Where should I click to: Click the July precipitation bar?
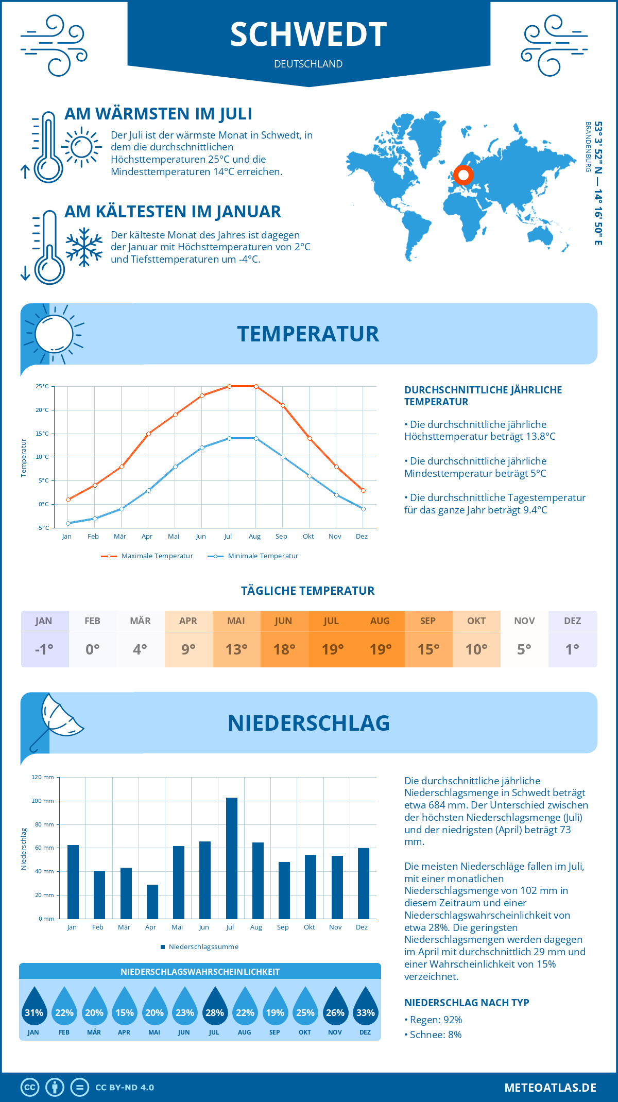click(232, 858)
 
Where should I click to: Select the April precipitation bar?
click(152, 901)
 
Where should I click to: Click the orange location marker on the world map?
click(463, 175)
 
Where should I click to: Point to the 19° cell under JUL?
click(332, 649)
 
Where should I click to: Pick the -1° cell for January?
click(44, 649)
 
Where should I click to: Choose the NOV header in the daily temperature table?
click(524, 621)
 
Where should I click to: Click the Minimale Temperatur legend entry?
click(253, 556)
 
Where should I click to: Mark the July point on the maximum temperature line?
click(229, 386)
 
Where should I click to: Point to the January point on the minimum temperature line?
click(68, 523)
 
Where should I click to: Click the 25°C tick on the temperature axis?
click(42, 386)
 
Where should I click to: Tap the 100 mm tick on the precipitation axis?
click(43, 801)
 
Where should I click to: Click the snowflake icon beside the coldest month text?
click(84, 247)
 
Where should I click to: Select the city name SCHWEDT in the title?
click(308, 35)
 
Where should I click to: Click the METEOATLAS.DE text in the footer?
click(550, 1088)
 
